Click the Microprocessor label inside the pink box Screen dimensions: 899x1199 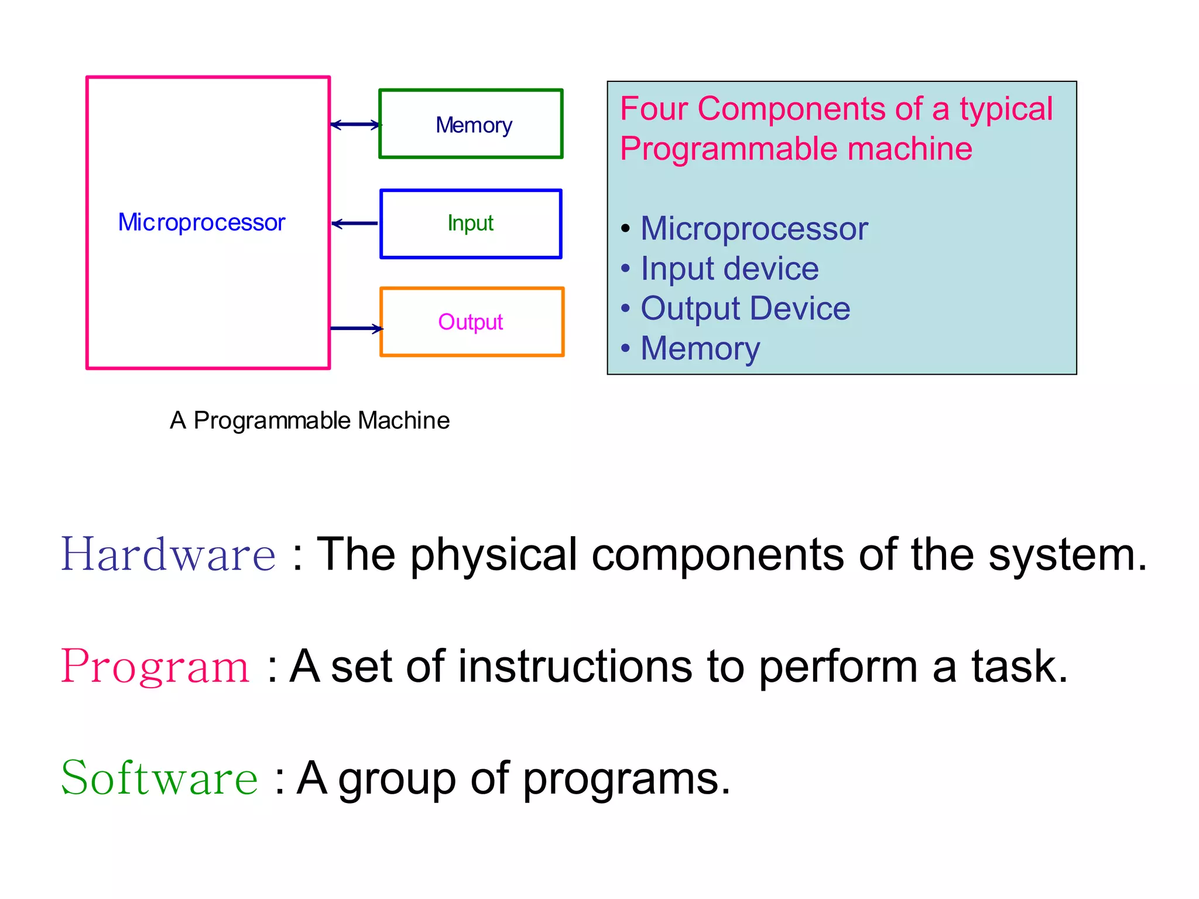pyautogui.click(x=201, y=222)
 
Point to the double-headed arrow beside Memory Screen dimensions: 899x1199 pyautogui.click(x=355, y=125)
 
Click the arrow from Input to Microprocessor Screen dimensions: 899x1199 pyautogui.click(x=355, y=224)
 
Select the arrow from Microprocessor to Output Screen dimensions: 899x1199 pyautogui.click(x=356, y=328)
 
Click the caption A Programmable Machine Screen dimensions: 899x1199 pyautogui.click(x=310, y=420)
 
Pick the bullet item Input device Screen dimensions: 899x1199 pyautogui.click(x=729, y=269)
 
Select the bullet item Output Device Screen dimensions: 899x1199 pyautogui.click(x=745, y=308)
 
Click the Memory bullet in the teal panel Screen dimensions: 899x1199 pyautogui.click(x=700, y=348)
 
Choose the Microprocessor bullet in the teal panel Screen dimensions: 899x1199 pyautogui.click(x=754, y=228)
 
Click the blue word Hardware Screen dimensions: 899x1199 pyautogui.click(x=169, y=554)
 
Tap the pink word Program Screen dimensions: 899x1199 pyautogui.click(x=156, y=667)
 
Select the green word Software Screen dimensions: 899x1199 pyautogui.click(x=159, y=778)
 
